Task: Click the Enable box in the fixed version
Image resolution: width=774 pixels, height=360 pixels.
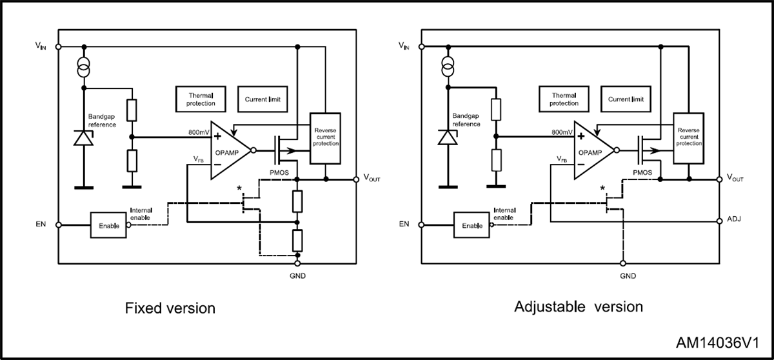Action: pyautogui.click(x=108, y=225)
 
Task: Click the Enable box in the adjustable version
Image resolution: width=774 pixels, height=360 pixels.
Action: pyautogui.click(x=472, y=225)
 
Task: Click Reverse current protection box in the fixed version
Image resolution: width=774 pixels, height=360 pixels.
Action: pyautogui.click(x=325, y=137)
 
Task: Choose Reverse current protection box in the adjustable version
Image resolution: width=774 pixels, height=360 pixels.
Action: pyautogui.click(x=689, y=137)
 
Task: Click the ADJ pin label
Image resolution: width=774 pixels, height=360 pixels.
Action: pyautogui.click(x=733, y=219)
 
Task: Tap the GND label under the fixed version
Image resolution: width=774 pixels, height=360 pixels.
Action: pyautogui.click(x=298, y=275)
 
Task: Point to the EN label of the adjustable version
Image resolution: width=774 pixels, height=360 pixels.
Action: pyautogui.click(x=404, y=224)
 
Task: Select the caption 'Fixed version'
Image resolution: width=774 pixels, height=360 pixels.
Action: pyautogui.click(x=170, y=308)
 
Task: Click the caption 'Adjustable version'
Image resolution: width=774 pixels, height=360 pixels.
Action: pyautogui.click(x=579, y=306)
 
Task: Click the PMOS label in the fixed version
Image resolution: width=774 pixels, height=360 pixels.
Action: pyautogui.click(x=280, y=173)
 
